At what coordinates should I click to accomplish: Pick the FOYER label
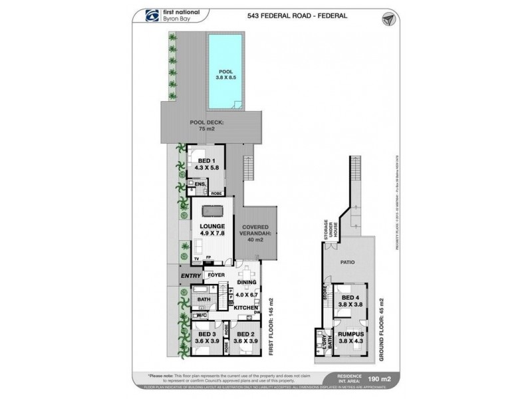click(x=215, y=274)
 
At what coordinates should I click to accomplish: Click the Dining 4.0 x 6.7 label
click(x=246, y=287)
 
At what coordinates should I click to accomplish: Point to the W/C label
click(x=200, y=316)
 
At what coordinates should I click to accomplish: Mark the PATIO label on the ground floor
click(x=348, y=262)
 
